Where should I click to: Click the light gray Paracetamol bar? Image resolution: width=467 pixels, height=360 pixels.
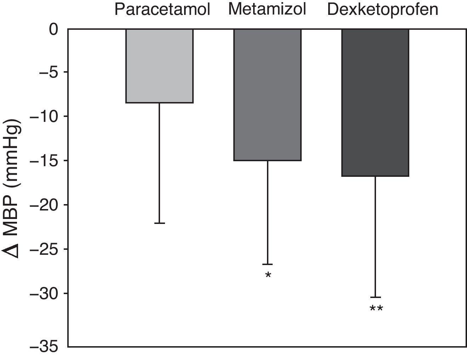[159, 66]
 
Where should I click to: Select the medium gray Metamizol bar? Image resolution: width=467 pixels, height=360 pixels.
[267, 95]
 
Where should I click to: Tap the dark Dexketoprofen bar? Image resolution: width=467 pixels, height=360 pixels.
[375, 102]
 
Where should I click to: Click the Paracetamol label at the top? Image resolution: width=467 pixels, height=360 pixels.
[162, 10]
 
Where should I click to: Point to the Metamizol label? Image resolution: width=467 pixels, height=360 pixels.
[267, 9]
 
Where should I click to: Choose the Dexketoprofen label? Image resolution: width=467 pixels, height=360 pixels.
[382, 10]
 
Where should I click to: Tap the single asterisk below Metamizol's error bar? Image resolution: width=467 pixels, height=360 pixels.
[268, 275]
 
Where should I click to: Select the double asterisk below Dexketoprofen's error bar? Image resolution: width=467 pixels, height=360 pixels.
[376, 309]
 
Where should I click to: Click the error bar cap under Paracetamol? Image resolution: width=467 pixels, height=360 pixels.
[159, 223]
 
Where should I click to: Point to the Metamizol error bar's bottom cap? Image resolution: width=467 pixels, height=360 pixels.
[267, 264]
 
